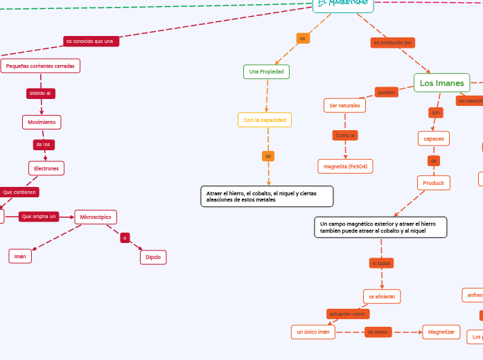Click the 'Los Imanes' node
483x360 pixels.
point(441,83)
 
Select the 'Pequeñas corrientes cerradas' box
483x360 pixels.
point(40,66)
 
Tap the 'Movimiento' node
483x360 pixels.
point(42,122)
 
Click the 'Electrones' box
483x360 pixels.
point(46,168)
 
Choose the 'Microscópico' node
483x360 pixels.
point(96,217)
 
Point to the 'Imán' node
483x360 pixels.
point(20,256)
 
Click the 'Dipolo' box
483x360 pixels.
point(152,257)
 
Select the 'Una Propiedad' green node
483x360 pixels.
point(266,71)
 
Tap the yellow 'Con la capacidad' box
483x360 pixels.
point(264,120)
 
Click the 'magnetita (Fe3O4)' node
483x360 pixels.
point(345,166)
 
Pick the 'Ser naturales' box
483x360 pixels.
point(344,105)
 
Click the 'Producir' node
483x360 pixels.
point(434,183)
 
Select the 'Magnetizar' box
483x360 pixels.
point(441,332)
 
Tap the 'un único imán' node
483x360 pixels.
point(313,332)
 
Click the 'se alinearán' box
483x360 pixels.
point(382,296)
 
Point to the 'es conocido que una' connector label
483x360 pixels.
point(91,42)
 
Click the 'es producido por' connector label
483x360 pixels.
point(393,43)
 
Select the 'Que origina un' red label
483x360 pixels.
point(39,217)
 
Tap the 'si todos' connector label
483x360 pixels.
point(381,264)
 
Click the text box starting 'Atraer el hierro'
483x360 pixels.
point(266,197)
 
